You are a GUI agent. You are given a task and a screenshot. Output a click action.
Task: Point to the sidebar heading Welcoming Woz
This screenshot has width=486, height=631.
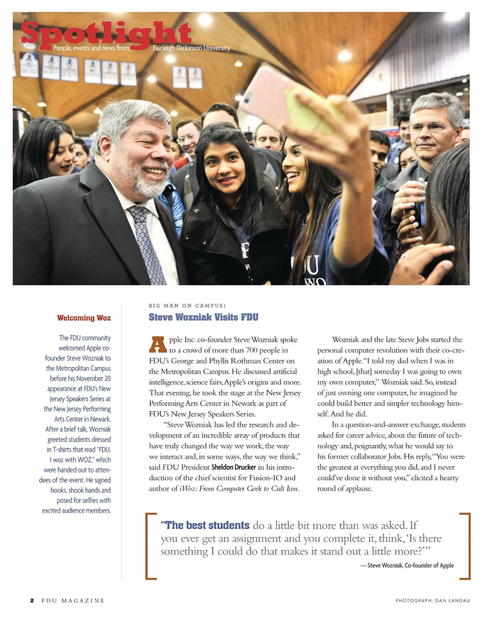(x=84, y=318)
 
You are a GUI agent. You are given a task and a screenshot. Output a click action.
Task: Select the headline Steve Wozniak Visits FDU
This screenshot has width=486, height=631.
(x=203, y=317)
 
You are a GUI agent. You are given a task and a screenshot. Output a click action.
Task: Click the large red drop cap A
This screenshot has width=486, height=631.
(x=158, y=345)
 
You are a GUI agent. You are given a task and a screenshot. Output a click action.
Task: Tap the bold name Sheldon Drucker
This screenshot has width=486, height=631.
(x=234, y=467)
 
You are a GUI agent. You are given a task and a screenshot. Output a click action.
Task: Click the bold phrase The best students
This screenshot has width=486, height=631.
(x=205, y=525)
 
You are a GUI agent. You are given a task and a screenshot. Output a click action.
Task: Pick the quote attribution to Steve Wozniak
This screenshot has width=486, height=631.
(x=407, y=565)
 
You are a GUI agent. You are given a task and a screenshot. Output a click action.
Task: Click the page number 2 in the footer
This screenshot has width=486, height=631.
(x=32, y=601)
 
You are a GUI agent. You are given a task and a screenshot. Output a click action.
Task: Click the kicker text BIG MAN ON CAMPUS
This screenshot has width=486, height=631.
(x=187, y=306)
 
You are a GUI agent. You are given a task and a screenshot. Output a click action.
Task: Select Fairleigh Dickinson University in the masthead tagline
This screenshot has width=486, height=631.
(x=191, y=48)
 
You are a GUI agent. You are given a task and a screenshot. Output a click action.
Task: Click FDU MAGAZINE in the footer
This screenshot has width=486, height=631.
(x=73, y=601)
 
